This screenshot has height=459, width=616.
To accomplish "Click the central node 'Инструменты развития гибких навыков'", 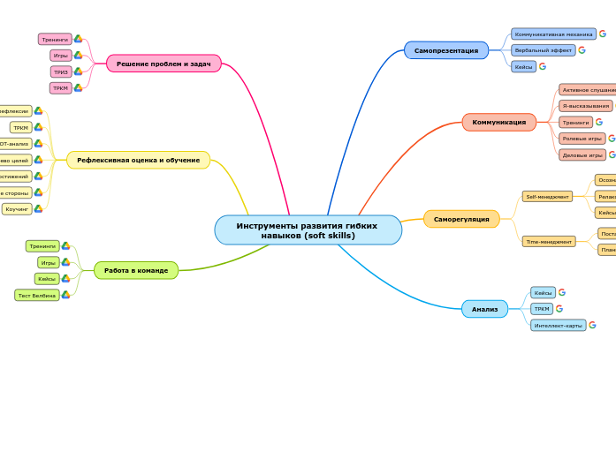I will (x=308, y=230).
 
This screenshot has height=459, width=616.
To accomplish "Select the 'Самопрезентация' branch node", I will (x=445, y=50).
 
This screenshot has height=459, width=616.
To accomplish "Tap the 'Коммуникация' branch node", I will (x=498, y=122).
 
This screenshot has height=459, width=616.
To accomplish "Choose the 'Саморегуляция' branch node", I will (x=460, y=219).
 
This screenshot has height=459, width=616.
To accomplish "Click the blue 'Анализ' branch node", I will (x=484, y=309).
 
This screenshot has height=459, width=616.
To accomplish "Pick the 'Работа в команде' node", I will (x=136, y=270).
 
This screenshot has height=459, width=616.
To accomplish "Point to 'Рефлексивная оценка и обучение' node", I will (x=138, y=160).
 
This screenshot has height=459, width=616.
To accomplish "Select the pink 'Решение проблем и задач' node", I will (x=164, y=64).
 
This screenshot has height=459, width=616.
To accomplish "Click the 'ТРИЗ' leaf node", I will (x=61, y=71).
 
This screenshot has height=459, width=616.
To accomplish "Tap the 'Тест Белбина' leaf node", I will (x=37, y=295).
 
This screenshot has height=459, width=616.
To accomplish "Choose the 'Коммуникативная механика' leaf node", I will (x=553, y=34).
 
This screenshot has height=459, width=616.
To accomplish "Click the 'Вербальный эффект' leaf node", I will (x=543, y=50).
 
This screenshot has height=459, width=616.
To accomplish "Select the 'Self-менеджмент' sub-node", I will (x=547, y=197).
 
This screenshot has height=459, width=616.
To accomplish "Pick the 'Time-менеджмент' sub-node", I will (x=548, y=241).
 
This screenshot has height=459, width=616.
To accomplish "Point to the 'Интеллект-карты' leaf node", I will (x=558, y=325).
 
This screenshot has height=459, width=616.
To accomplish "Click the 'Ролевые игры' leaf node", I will (x=582, y=139).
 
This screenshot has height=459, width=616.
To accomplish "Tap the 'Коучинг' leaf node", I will (x=17, y=209).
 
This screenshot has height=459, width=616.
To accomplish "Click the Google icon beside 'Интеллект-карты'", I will (x=593, y=325).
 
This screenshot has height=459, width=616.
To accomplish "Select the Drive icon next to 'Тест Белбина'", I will (x=65, y=295).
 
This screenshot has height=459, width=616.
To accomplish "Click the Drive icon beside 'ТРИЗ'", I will (x=78, y=71).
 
